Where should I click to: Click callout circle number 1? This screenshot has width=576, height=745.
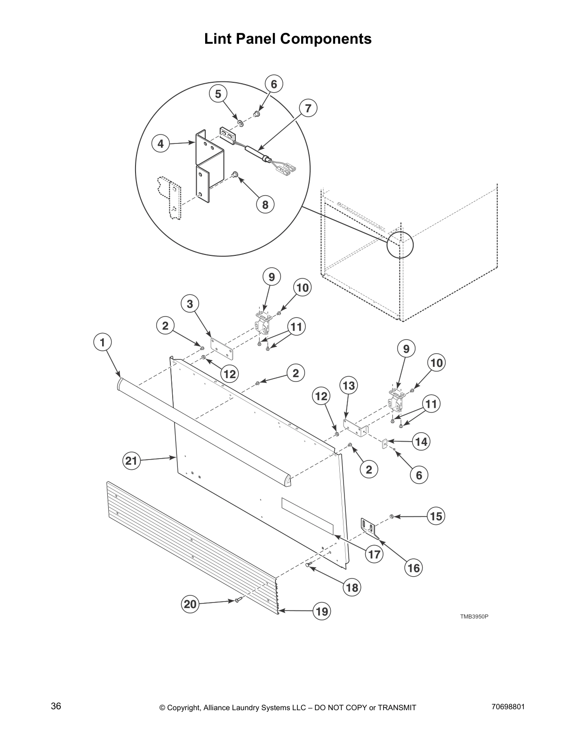[x=103, y=342]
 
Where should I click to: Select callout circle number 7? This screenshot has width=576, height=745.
[x=308, y=109]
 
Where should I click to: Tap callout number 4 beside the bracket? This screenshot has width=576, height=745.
[x=161, y=143]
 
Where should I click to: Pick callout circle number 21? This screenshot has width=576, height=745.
[x=131, y=461]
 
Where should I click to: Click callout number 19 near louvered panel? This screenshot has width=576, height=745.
[x=322, y=611]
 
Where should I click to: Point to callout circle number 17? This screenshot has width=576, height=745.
[x=374, y=554]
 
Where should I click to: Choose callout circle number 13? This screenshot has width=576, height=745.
[x=348, y=386]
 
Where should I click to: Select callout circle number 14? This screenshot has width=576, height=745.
[x=421, y=442]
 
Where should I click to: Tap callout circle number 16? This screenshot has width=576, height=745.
[x=414, y=568]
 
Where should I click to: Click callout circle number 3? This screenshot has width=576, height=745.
[x=190, y=304]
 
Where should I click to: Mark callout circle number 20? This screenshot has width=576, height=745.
[x=191, y=604]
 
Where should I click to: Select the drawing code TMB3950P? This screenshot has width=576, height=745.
[x=474, y=616]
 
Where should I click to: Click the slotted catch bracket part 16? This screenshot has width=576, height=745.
[x=370, y=527]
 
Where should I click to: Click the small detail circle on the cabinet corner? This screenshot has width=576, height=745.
[x=400, y=245]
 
